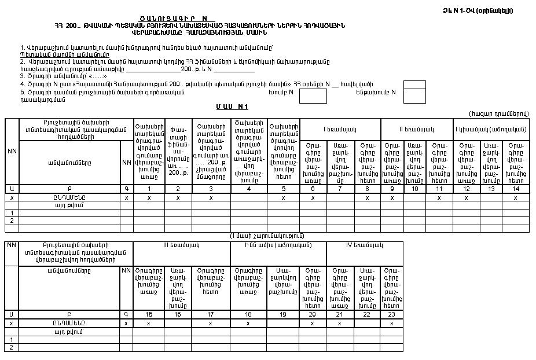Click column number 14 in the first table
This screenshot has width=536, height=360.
[515, 189]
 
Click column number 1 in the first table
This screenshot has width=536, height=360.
[149, 189]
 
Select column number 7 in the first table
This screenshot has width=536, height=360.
[341, 189]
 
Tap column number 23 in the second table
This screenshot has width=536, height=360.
[392, 314]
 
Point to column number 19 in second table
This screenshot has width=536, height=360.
[283, 314]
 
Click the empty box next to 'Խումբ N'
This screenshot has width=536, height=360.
[313, 96]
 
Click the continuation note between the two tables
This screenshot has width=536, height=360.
[267, 236]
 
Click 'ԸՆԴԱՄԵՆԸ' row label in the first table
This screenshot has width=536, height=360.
[69, 197]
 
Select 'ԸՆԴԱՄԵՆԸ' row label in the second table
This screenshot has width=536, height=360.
[69, 323]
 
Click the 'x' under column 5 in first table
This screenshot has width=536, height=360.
[284, 197]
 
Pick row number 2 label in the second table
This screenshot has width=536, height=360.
[12, 347]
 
